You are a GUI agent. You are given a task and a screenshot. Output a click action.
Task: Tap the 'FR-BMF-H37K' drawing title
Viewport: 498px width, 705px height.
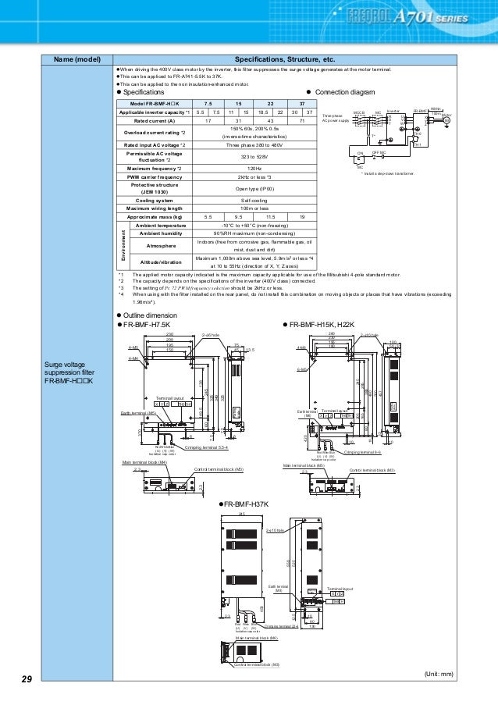click(247, 505)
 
